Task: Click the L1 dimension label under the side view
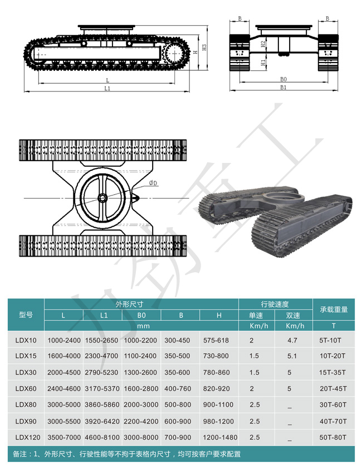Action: [x=107, y=89]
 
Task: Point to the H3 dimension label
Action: [x=204, y=47]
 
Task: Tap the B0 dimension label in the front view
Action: [x=283, y=79]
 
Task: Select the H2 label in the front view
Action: [x=263, y=44]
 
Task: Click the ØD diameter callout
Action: [x=153, y=183]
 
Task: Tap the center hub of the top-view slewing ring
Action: [x=102, y=198]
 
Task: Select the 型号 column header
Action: [x=26, y=315]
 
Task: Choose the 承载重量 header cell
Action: [x=334, y=310]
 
